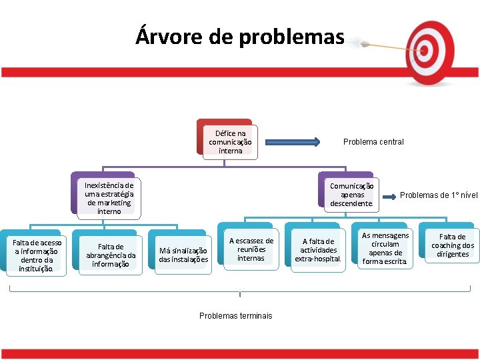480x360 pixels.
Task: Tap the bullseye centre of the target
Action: click(x=424, y=49)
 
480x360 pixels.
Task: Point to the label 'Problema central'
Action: click(x=373, y=142)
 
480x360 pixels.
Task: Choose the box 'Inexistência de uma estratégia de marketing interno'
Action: click(x=109, y=198)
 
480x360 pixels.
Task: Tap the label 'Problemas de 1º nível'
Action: click(x=439, y=195)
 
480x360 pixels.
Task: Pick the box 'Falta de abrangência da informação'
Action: click(x=111, y=255)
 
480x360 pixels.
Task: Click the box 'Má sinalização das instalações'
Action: click(x=183, y=255)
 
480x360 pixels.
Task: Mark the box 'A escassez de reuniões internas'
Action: click(x=251, y=249)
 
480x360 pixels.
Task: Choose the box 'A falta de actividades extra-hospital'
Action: click(x=318, y=250)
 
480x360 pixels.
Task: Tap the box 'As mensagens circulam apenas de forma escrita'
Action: click(x=385, y=249)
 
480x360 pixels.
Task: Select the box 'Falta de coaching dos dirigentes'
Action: click(x=452, y=245)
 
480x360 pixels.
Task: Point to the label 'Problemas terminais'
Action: click(x=236, y=316)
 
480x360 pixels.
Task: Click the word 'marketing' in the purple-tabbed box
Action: click(x=109, y=203)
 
